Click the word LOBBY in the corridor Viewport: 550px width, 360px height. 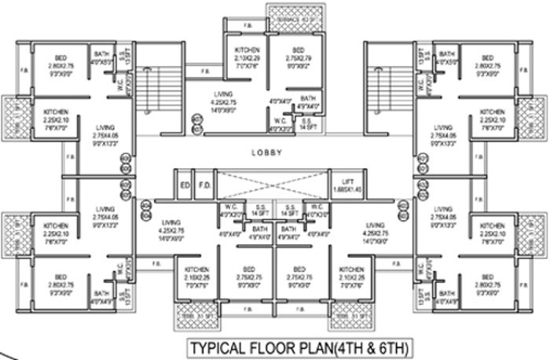click(x=274, y=152)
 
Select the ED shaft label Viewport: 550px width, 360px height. click(x=185, y=186)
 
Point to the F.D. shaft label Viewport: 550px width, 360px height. click(x=203, y=186)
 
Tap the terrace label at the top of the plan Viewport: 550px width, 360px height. click(x=296, y=14)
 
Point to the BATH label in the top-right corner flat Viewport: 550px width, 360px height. click(x=447, y=57)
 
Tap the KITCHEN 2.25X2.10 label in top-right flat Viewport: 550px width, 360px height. click(x=492, y=117)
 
